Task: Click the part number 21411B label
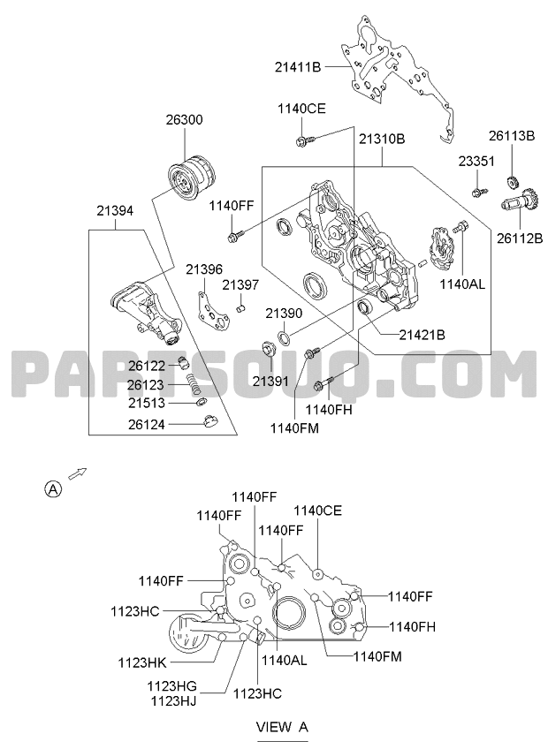pyautogui.click(x=298, y=67)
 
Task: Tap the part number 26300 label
pyautogui.click(x=184, y=119)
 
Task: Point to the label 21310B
pyautogui.click(x=382, y=139)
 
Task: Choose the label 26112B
pyautogui.click(x=520, y=238)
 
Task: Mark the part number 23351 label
pyautogui.click(x=476, y=161)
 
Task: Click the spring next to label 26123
pyautogui.click(x=191, y=383)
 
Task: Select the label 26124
pyautogui.click(x=147, y=424)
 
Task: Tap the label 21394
pyautogui.click(x=115, y=210)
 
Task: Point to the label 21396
pyautogui.click(x=204, y=269)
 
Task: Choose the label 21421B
pyautogui.click(x=422, y=335)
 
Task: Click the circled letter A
pyautogui.click(x=53, y=488)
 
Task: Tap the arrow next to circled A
pyautogui.click(x=77, y=473)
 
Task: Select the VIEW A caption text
pyautogui.click(x=282, y=727)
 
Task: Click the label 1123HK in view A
pyautogui.click(x=142, y=662)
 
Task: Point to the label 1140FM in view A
pyautogui.click(x=377, y=657)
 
